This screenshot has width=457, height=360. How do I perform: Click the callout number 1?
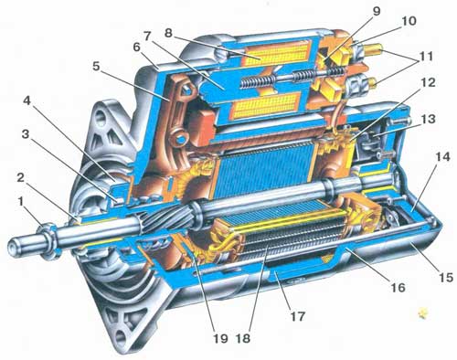(21, 202)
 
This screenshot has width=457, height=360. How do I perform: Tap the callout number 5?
(96, 67)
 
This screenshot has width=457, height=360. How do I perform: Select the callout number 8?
(168, 33)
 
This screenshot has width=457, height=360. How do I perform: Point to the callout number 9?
(377, 11)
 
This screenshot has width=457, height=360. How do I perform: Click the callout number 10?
(409, 21)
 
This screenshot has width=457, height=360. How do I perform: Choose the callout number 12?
(429, 82)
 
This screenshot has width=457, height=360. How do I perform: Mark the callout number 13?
(428, 119)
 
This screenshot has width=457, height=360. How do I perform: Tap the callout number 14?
(442, 157)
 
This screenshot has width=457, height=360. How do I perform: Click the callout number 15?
(445, 277)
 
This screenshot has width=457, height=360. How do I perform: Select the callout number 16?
(398, 287)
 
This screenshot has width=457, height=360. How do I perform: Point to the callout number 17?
(297, 316)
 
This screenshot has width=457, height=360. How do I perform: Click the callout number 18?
(243, 338)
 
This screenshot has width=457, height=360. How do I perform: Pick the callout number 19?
(220, 338)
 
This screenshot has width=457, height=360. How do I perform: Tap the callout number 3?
(26, 134)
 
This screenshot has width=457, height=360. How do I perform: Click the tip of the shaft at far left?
(9, 246)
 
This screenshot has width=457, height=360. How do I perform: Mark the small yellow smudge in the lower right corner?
(423, 312)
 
